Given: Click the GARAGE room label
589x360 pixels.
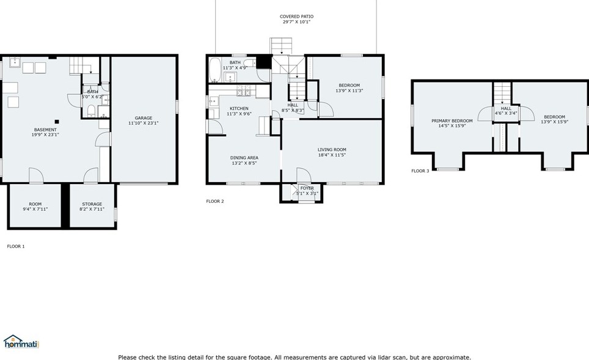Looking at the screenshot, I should point(144,118).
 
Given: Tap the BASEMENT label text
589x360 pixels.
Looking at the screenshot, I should point(45,130).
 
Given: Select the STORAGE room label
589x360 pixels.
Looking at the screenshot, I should point(92,204).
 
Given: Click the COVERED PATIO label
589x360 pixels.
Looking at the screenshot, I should point(296,17).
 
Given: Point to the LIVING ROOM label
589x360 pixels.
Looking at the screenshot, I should point(332,150).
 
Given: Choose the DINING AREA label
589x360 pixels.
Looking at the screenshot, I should point(244,158).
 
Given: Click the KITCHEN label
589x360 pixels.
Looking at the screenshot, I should point(239,108).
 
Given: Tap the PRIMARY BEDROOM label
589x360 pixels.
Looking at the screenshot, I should point(452,121).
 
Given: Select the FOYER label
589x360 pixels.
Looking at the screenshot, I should point(307,188).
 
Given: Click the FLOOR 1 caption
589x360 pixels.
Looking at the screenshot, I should point(16,246).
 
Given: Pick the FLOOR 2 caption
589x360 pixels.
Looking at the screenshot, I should point(215,201).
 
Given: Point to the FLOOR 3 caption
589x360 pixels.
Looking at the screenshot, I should point(420,171).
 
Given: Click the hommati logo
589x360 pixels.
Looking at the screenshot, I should point(21,342).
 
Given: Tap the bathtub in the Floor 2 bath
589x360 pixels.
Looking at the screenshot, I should point(214,70).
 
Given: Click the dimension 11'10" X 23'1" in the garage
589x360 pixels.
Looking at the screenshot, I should point(144,123).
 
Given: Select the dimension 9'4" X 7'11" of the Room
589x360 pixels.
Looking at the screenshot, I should point(35,209).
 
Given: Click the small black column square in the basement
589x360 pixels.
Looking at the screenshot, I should point(57,120).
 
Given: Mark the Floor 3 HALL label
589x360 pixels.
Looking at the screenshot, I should point(506,108).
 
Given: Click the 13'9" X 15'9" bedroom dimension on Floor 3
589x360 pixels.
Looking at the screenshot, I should point(554,122).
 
